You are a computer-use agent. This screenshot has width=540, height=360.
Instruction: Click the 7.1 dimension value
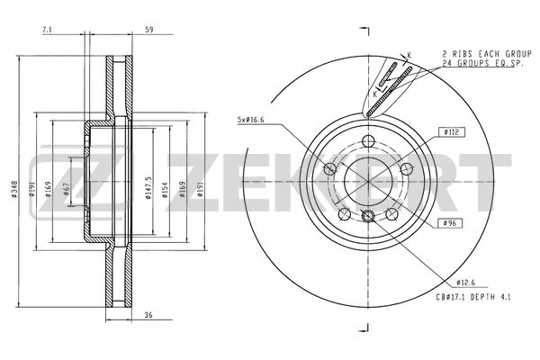(x=47, y=31)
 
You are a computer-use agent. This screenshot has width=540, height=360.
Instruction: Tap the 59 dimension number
(x=148, y=31)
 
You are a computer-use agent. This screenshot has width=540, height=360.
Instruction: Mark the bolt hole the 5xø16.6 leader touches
(x=330, y=169)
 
